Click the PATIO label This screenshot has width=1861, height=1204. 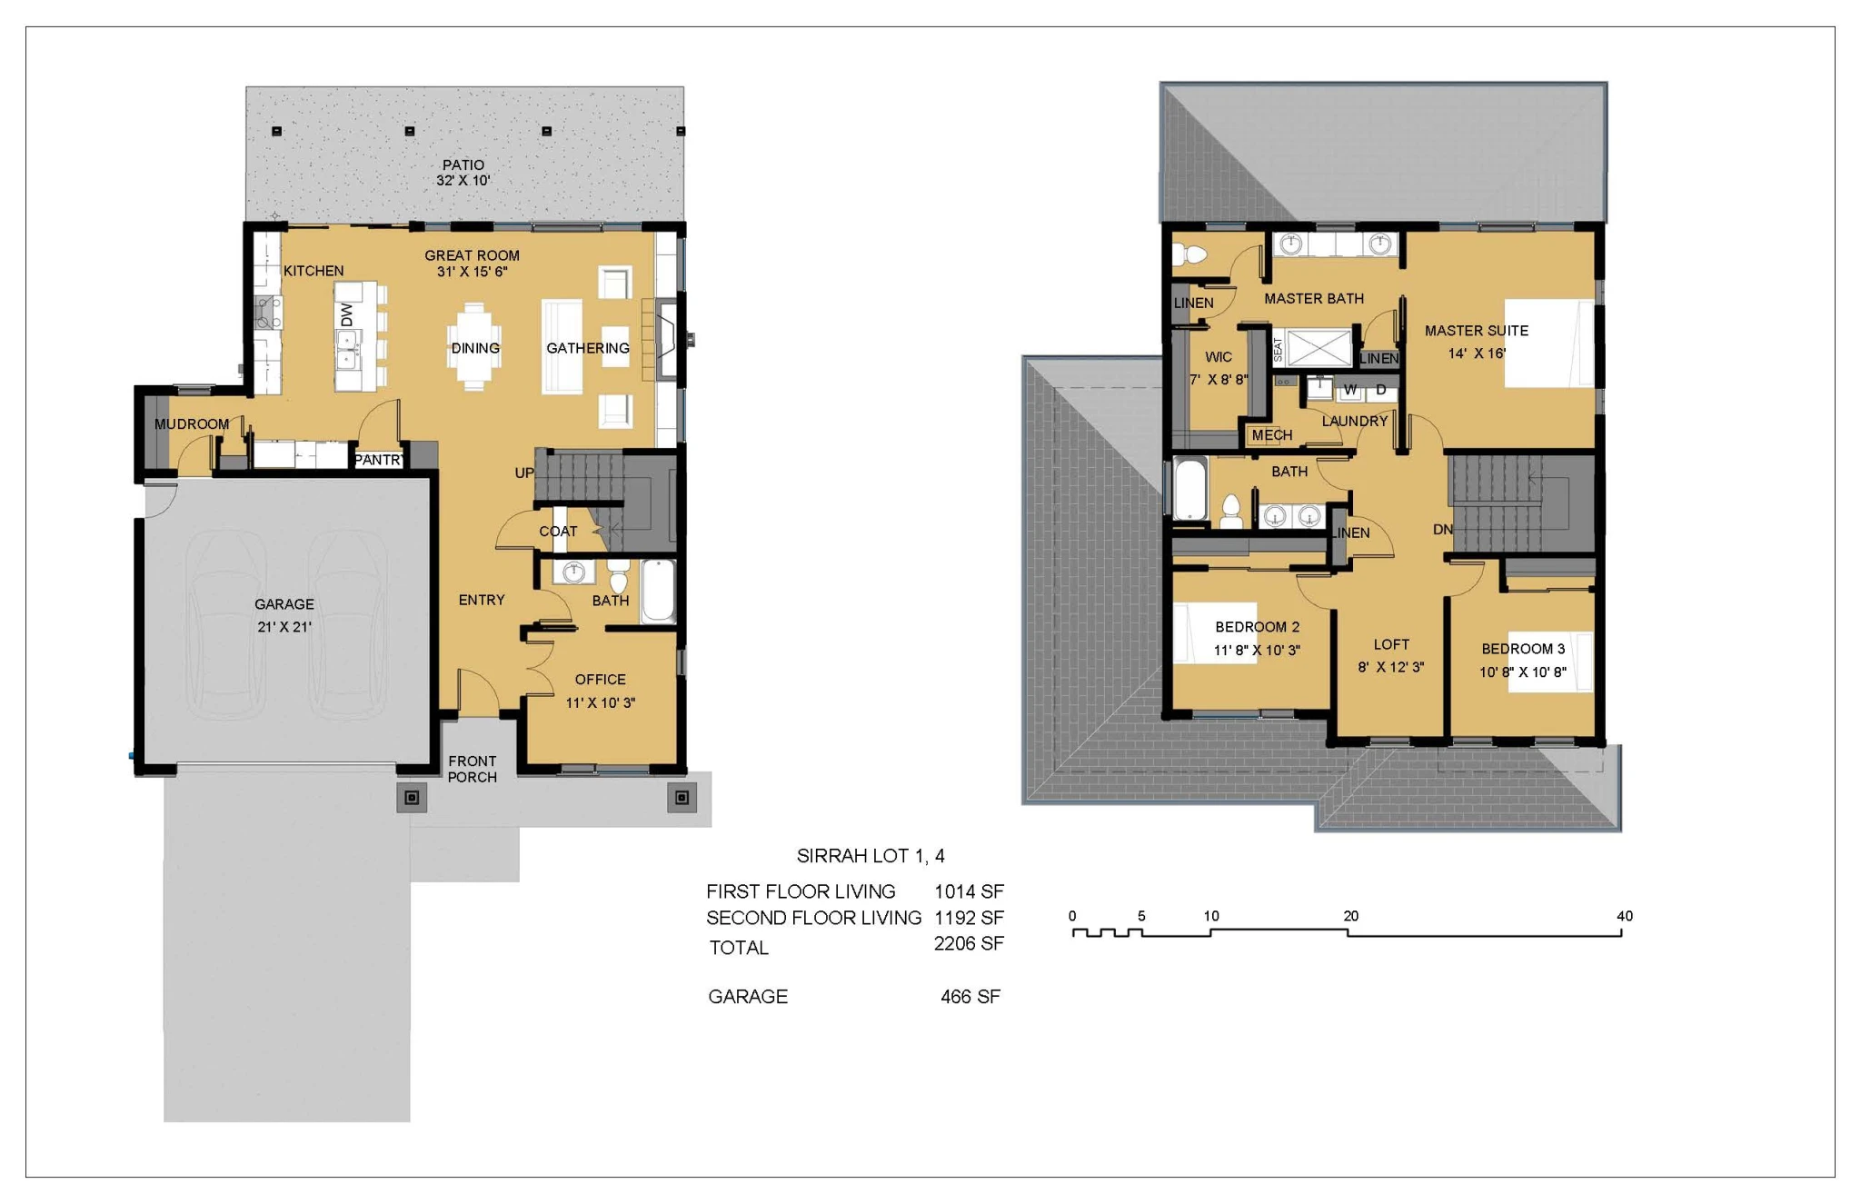click(463, 164)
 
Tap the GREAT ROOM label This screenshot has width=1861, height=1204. click(473, 255)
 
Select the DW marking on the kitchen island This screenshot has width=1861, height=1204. click(347, 314)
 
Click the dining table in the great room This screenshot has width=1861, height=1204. click(474, 347)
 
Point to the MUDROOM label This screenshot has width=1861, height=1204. click(192, 423)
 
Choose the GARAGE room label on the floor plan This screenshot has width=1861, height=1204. click(284, 604)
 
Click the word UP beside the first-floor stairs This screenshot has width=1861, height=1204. click(524, 473)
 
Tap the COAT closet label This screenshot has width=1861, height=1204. click(558, 532)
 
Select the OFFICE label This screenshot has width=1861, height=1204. click(601, 680)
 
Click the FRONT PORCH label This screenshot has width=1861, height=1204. click(473, 769)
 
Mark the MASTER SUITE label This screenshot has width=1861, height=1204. click(1477, 331)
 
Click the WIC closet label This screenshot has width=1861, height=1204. click(1219, 357)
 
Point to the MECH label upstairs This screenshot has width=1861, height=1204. click(1272, 435)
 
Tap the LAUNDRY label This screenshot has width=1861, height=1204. click(1355, 421)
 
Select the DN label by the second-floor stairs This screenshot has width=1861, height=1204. click(1443, 529)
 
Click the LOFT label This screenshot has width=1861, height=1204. click(1391, 644)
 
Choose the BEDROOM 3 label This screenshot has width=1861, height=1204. click(1523, 649)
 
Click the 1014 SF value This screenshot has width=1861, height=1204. click(969, 891)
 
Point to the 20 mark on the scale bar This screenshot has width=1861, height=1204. click(1351, 916)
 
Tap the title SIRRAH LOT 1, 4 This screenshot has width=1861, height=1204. click(871, 856)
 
